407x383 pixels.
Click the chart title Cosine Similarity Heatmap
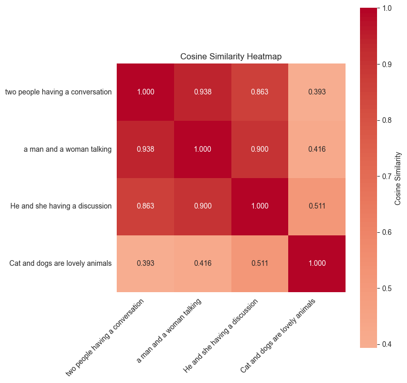(231, 56)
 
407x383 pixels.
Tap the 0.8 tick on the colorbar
(385, 120)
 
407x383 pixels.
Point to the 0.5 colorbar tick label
(385, 288)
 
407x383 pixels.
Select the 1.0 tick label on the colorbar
(385, 8)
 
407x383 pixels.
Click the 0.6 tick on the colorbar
(385, 232)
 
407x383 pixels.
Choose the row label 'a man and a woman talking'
(68, 150)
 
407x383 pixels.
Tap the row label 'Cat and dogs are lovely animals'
(60, 263)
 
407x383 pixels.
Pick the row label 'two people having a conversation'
(58, 92)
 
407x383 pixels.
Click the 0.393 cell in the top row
(317, 92)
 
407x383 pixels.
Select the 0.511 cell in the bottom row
(260, 263)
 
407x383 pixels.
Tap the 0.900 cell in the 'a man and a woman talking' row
(260, 150)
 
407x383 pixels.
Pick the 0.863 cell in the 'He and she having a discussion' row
(145, 206)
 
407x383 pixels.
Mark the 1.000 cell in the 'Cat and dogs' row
(317, 263)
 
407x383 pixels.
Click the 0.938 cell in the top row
(202, 92)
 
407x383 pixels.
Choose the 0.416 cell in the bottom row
(202, 263)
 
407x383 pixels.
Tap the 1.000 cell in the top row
(145, 92)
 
